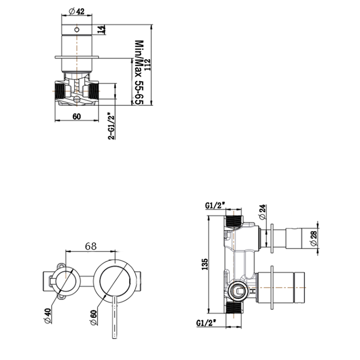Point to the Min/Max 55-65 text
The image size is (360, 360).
tap(138, 73)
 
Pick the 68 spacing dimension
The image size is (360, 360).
tap(91, 246)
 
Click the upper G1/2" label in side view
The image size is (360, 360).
tap(214, 205)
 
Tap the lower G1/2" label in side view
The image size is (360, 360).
tap(206, 323)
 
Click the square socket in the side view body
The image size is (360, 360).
tap(239, 290)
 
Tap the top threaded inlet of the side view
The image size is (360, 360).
tap(235, 221)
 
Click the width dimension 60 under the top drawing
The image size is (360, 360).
tap(77, 116)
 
